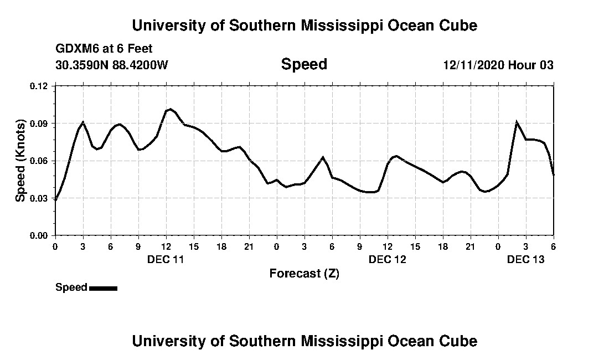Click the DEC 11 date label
tap(166, 259)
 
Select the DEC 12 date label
tap(388, 259)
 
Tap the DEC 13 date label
tap(526, 259)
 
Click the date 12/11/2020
tap(473, 65)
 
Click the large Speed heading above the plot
tap(304, 64)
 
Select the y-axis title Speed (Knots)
tap(20, 160)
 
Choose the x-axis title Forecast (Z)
tap(304, 273)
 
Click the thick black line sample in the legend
tap(103, 288)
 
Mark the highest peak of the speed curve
tap(170, 109)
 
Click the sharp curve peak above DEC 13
tap(517, 122)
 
